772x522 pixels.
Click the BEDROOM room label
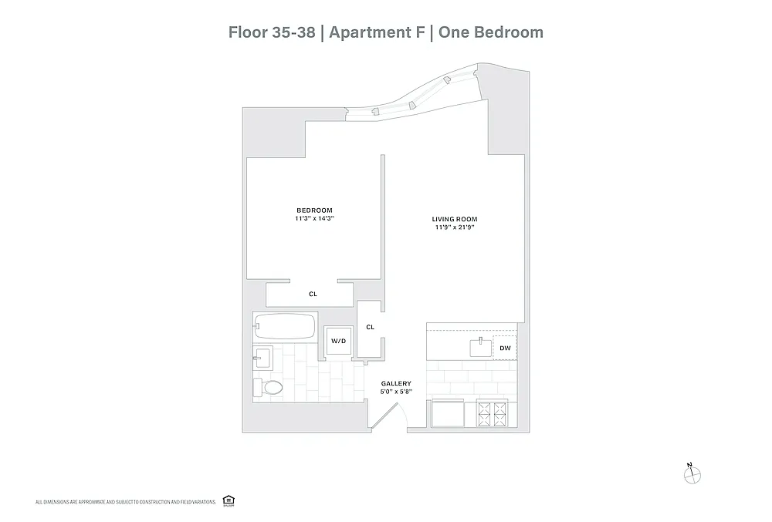314,210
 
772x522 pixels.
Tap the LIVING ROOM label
455,219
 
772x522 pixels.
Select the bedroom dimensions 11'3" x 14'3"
315,218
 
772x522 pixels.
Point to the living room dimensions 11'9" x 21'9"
455,227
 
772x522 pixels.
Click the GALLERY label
396,383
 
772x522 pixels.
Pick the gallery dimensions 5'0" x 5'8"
396,392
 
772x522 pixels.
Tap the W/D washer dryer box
338,341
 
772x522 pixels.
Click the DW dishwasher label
505,348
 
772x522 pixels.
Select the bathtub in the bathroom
285,326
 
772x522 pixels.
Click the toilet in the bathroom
268,387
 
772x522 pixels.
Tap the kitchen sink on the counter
480,348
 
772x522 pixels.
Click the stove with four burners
492,414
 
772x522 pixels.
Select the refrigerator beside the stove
448,413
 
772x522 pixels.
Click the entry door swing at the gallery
389,417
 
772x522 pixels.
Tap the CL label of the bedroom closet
313,294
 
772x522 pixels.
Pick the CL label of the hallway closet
371,327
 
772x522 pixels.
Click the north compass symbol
692,474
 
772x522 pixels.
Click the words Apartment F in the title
377,32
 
